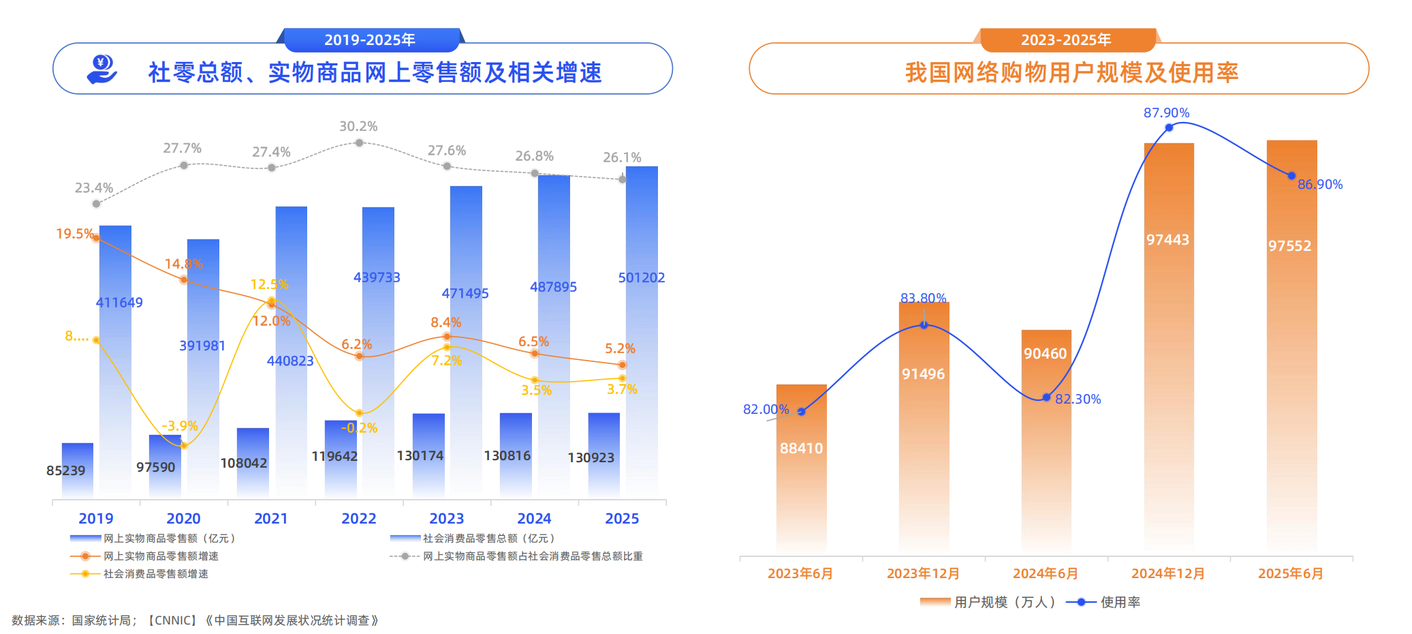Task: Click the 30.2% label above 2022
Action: click(358, 126)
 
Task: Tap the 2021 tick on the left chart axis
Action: click(271, 519)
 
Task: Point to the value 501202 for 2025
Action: click(641, 277)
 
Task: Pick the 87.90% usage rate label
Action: click(1166, 112)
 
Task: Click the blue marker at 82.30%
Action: click(1047, 397)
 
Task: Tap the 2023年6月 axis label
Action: click(800, 573)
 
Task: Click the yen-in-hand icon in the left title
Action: click(102, 70)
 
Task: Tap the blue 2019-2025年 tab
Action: click(370, 40)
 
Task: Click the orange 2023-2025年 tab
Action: click(1066, 40)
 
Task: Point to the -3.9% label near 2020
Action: click(179, 426)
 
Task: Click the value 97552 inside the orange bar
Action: click(1289, 246)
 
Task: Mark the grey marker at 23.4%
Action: click(96, 204)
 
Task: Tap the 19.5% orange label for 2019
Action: click(74, 234)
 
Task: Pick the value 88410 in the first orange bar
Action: click(801, 449)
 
